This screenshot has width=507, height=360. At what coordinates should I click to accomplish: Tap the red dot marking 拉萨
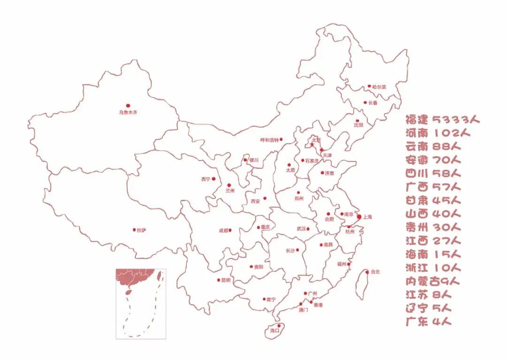pyautogui.click(x=134, y=230)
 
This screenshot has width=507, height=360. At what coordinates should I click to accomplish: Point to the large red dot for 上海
pyautogui.click(x=359, y=217)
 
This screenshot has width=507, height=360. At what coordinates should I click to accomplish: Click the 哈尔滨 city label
pyautogui.click(x=379, y=87)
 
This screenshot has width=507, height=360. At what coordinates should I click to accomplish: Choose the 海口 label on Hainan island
pyautogui.click(x=274, y=330)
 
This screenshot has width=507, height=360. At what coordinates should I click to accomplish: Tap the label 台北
pyautogui.click(x=375, y=272)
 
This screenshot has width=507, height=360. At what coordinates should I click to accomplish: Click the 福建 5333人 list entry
pyautogui.click(x=443, y=119)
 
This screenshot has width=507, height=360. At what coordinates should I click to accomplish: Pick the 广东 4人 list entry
pyautogui.click(x=429, y=322)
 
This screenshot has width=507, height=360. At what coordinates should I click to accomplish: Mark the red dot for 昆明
pyautogui.click(x=218, y=280)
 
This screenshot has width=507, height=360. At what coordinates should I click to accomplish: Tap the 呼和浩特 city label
pyautogui.click(x=269, y=140)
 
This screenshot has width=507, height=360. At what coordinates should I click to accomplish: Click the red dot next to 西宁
pyautogui.click(x=214, y=179)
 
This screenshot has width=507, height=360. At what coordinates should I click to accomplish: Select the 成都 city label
pyautogui.click(x=223, y=230)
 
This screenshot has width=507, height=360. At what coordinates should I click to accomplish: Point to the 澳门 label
pyautogui.click(x=303, y=310)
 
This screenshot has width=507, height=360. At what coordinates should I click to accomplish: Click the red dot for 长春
pyautogui.click(x=365, y=102)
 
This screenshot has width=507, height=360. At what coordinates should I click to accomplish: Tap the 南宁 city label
pyautogui.click(x=271, y=299)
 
